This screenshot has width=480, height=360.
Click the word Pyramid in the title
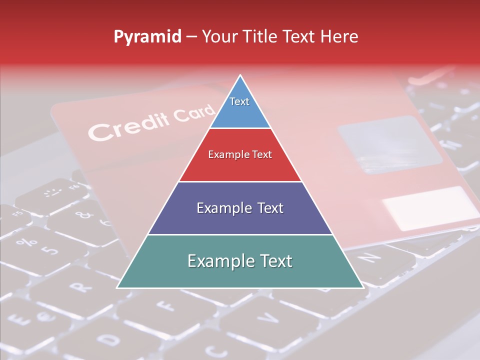pyautogui.click(x=147, y=37)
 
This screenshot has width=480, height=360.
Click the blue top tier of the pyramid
pyautogui.click(x=240, y=107)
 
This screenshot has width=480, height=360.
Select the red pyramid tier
pyautogui.click(x=240, y=155)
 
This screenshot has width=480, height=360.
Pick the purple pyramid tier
pyautogui.click(x=240, y=208)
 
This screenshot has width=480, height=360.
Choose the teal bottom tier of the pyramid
pyautogui.click(x=240, y=261)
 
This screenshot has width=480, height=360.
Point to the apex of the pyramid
pyautogui.click(x=240, y=76)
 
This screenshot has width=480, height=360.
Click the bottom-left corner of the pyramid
pyautogui.click(x=118, y=287)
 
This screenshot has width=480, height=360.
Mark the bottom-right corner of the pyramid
pyautogui.click(x=362, y=287)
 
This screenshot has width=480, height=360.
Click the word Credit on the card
pyautogui.click(x=122, y=127)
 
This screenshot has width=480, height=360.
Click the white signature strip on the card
pyautogui.click(x=430, y=207)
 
